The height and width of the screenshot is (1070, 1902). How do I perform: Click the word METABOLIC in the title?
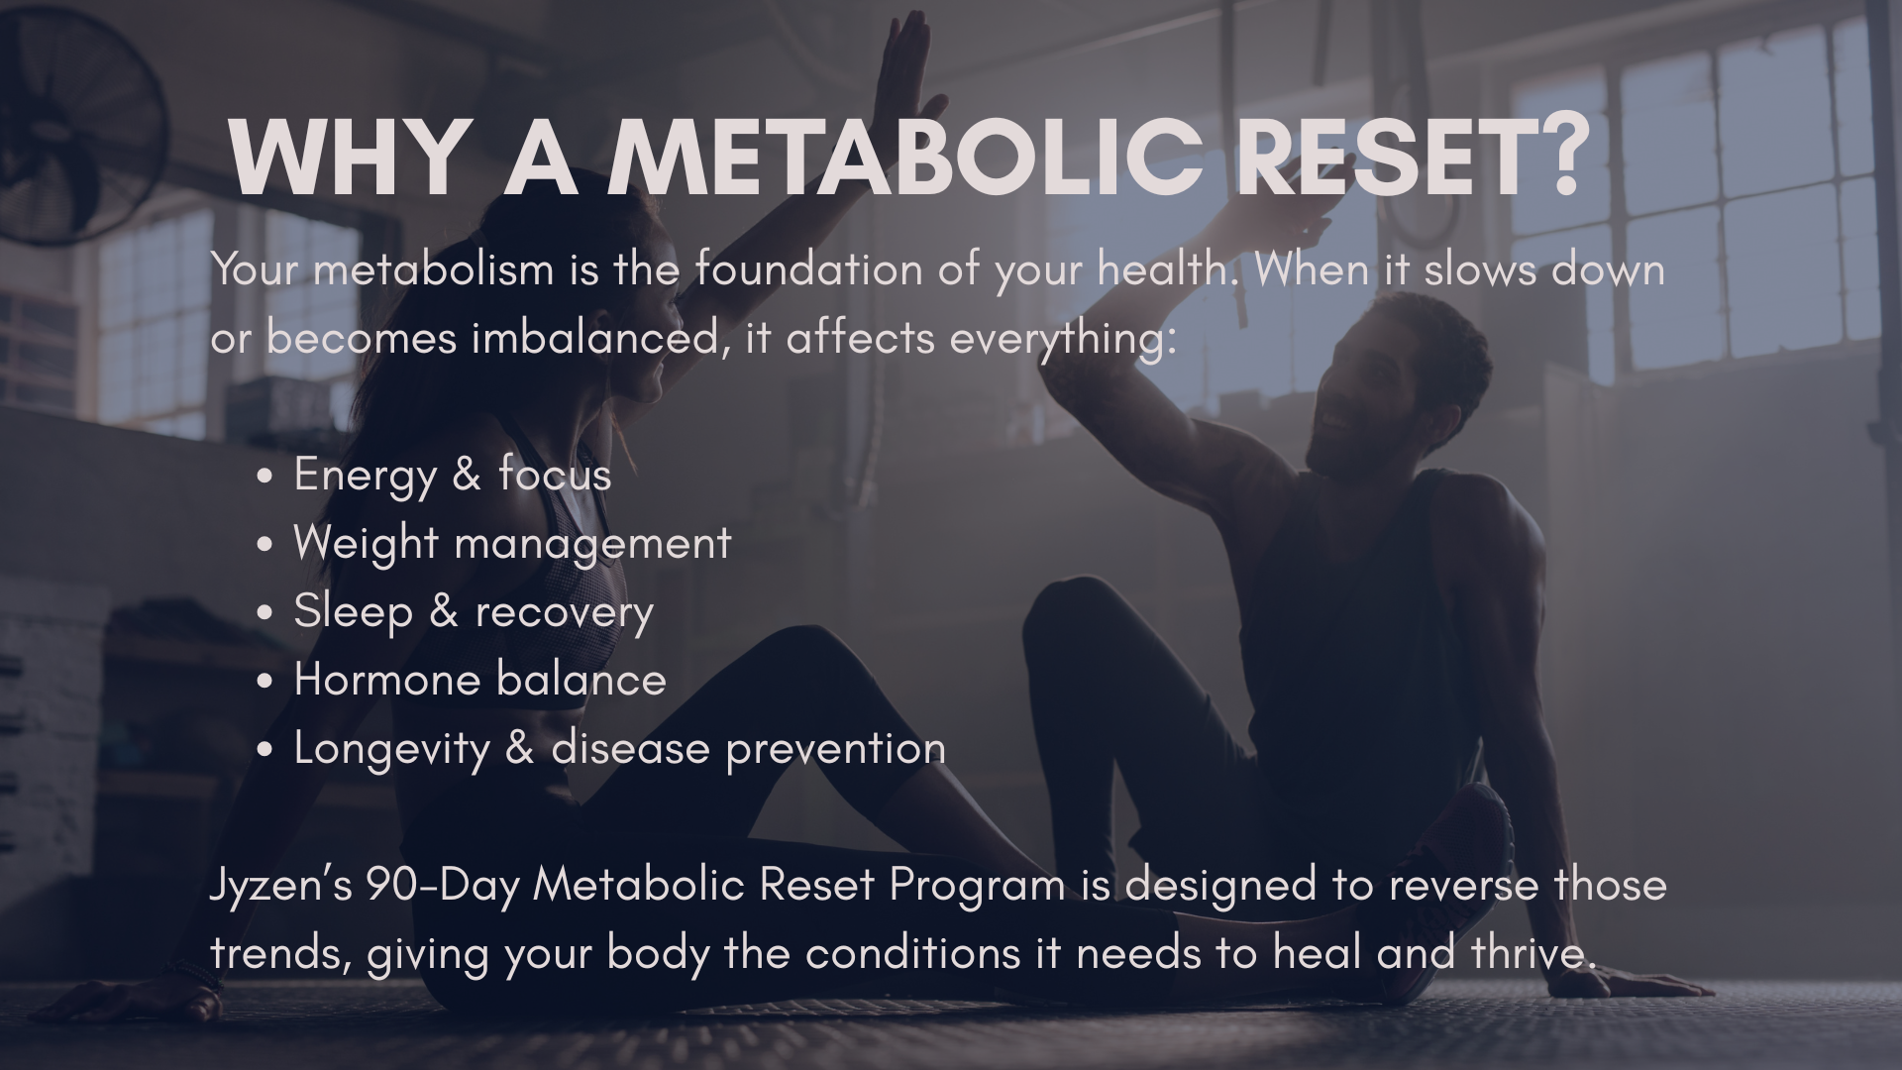pos(905,158)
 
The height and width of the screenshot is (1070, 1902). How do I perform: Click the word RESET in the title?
pos(1380,158)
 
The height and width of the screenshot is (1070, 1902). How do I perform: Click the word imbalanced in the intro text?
pos(593,338)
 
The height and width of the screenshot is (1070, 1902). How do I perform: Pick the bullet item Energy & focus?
pos(452,474)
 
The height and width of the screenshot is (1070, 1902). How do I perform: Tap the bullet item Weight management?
pos(512,543)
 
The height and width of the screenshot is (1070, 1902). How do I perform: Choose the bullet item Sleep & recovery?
pos(474,611)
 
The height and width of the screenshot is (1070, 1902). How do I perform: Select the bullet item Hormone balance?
pos(479,679)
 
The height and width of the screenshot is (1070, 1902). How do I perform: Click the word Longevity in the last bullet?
pos(392,748)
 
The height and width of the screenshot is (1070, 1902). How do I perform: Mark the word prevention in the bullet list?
pos(836,748)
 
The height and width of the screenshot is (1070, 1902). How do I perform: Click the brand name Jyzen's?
pos(281,885)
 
